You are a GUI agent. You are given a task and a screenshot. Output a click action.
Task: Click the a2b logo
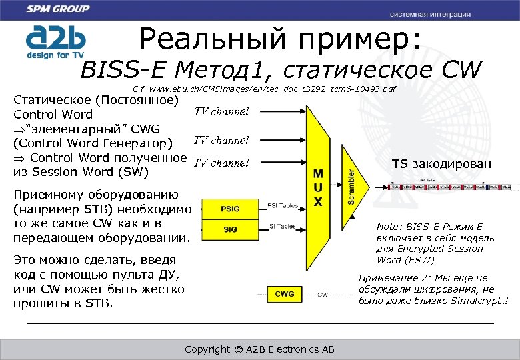coord(53,41)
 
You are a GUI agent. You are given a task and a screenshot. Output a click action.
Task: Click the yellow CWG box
coord(285,294)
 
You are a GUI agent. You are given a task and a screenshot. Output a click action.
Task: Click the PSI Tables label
coord(282,205)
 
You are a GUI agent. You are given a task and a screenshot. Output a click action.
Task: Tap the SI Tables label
coord(282,227)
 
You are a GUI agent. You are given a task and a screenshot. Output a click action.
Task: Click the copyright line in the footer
coord(259,349)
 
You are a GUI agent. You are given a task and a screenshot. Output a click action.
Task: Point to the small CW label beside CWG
coord(322,295)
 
